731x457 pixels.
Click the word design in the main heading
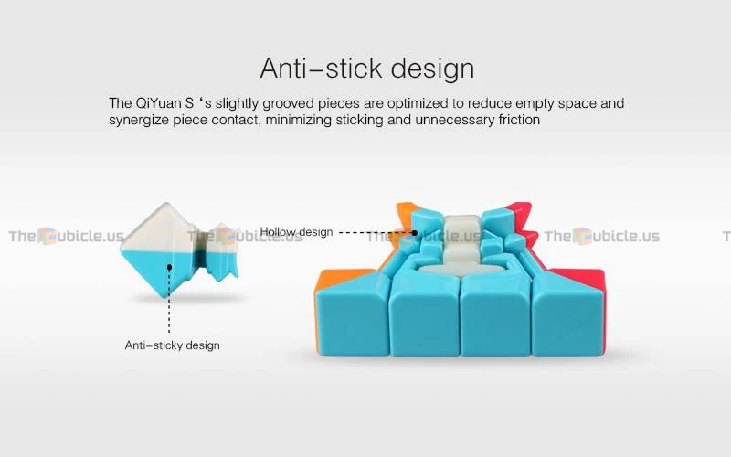click(x=432, y=69)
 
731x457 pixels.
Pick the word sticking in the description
click(x=359, y=121)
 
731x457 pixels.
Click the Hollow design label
click(x=296, y=232)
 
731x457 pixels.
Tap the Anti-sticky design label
click(x=172, y=345)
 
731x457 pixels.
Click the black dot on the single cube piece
click(x=169, y=267)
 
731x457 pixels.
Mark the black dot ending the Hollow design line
click(x=415, y=232)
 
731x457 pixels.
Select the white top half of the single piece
click(x=158, y=229)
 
